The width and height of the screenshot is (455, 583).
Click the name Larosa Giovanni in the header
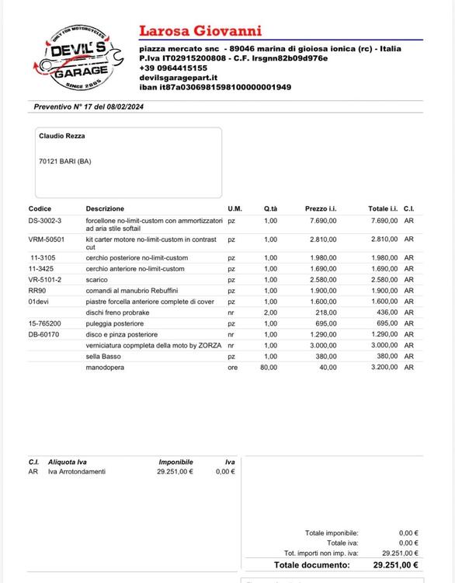tap(200, 31)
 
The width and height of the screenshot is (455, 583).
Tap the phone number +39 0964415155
tap(173, 68)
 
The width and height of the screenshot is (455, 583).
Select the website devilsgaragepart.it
tap(178, 77)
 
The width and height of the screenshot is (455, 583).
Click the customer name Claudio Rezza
tap(62, 136)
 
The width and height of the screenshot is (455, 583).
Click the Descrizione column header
tap(105, 209)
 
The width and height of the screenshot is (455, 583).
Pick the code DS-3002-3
tap(45, 221)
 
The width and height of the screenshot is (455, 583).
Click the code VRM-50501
tap(47, 239)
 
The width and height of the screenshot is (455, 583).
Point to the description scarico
tap(97, 280)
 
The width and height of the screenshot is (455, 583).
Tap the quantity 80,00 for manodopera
tap(268, 367)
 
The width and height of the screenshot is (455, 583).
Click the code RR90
tap(36, 291)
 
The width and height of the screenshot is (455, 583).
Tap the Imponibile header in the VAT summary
tap(175, 462)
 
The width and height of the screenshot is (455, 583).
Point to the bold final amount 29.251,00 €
tap(395, 565)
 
